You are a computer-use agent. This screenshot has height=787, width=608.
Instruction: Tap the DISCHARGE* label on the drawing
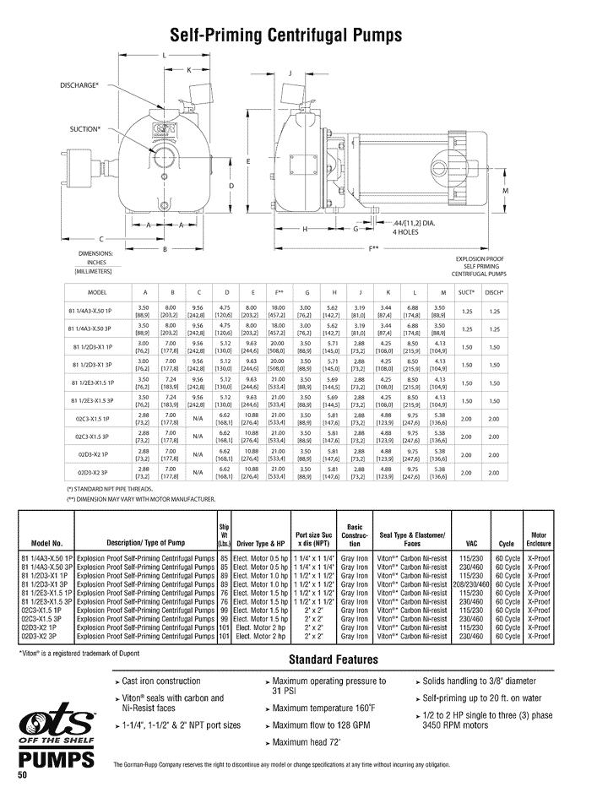pyautogui.click(x=79, y=85)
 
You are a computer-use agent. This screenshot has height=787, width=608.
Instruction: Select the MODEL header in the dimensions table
pyautogui.click(x=96, y=291)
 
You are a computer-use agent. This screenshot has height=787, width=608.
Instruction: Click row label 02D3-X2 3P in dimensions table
pyautogui.click(x=96, y=472)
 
